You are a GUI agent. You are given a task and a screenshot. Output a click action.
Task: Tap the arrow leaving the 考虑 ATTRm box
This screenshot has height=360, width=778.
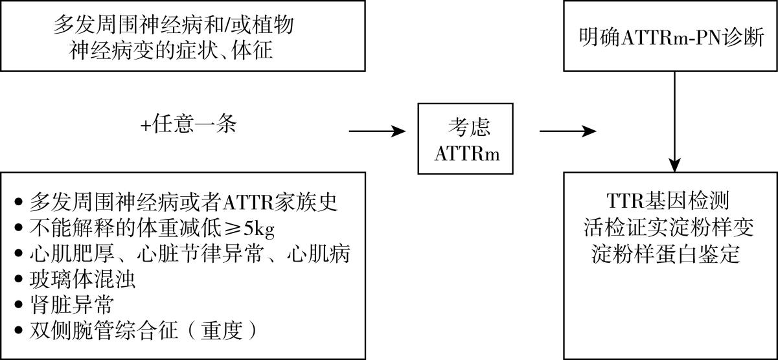pos(567,131)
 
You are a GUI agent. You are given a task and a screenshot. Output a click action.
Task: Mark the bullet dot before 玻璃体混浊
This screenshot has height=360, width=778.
pos(18,281)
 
